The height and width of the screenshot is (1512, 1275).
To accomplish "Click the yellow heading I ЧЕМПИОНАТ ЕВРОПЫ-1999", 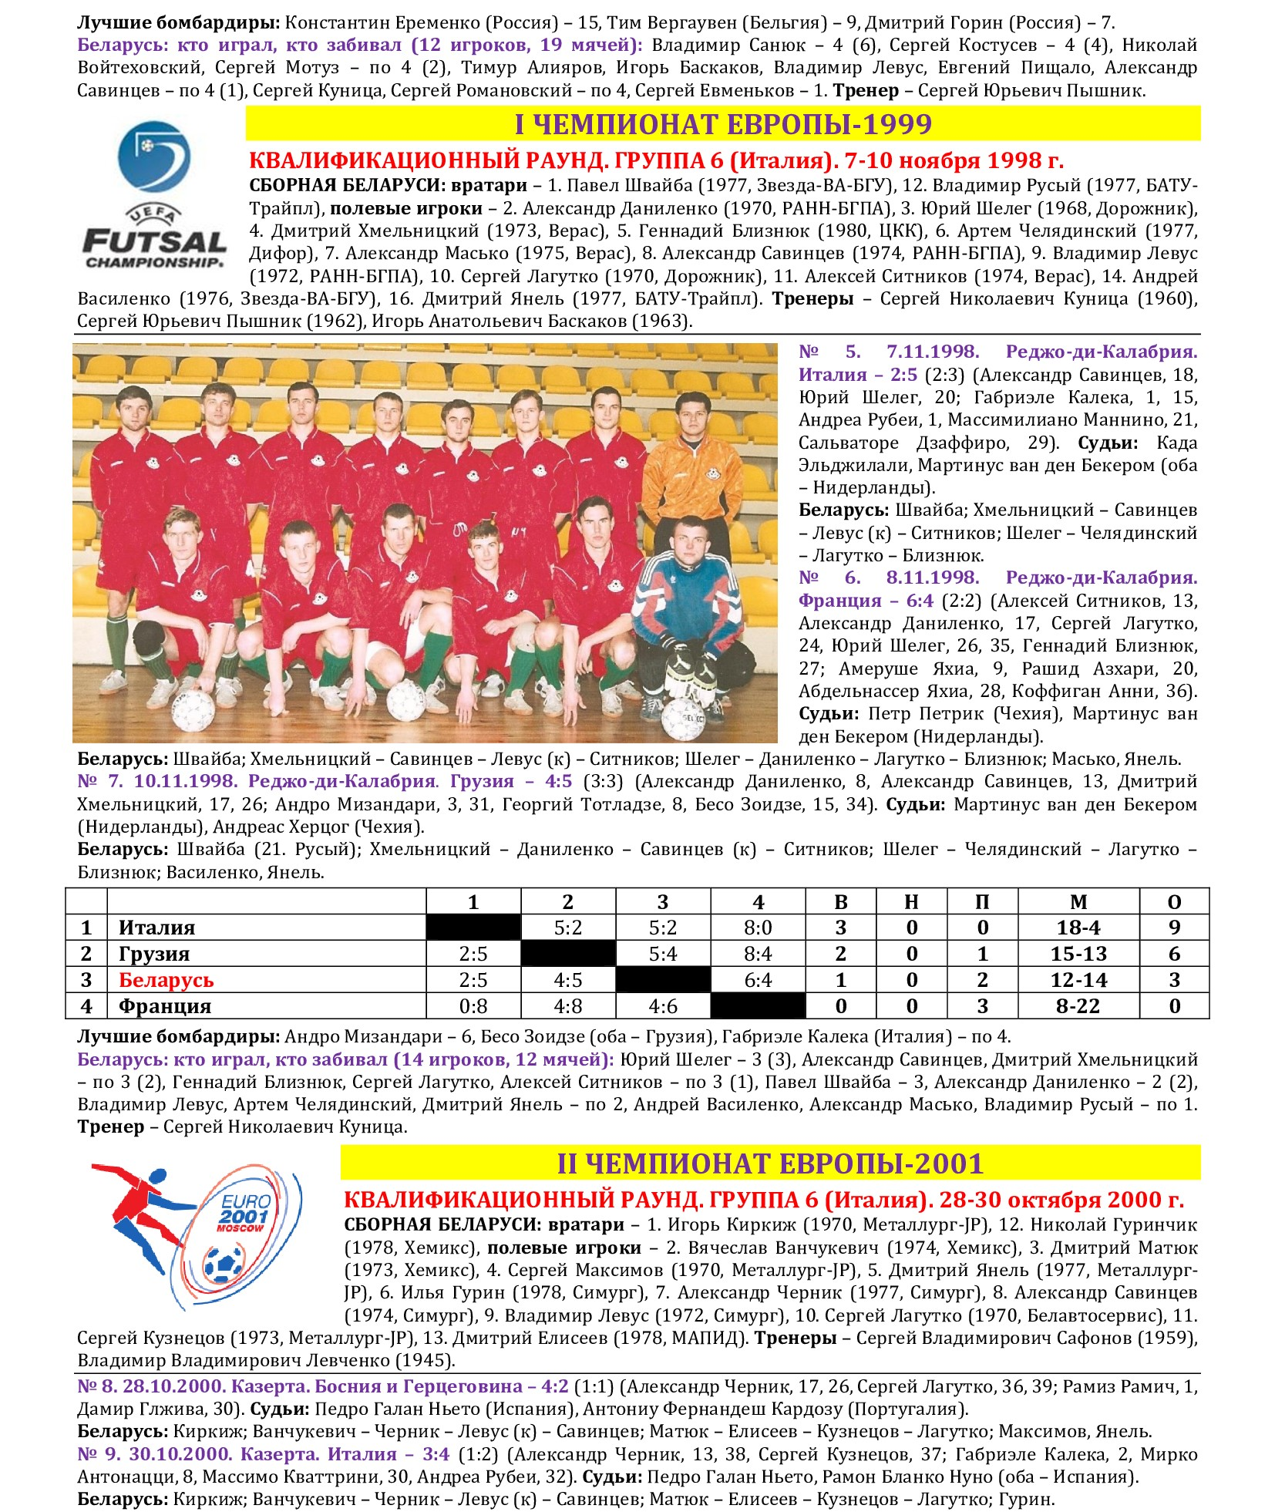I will [x=722, y=124].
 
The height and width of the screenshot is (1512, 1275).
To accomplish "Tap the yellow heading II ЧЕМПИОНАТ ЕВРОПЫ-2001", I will [x=770, y=1163].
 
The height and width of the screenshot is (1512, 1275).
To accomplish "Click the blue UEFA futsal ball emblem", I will [x=153, y=157].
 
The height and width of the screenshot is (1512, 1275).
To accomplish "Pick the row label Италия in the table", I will [x=156, y=928].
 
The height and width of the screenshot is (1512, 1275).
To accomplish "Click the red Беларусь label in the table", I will [x=166, y=980].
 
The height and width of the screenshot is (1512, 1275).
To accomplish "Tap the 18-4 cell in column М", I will [x=1078, y=928].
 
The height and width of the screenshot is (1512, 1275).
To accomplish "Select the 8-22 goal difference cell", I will [x=1078, y=1006].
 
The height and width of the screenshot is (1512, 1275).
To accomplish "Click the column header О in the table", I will [x=1174, y=901].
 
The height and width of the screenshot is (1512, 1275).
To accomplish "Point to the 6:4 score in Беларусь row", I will [x=758, y=980].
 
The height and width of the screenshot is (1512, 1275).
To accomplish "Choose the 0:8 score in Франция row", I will [x=473, y=1006].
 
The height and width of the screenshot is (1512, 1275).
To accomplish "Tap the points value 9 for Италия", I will [x=1174, y=928].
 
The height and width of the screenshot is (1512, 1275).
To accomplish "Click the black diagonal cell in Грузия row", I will [x=568, y=954].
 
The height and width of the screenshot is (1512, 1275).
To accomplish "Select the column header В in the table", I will [x=840, y=901].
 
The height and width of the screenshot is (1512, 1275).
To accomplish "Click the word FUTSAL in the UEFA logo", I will [x=154, y=241].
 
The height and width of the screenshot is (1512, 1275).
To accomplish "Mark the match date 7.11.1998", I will [x=932, y=352].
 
